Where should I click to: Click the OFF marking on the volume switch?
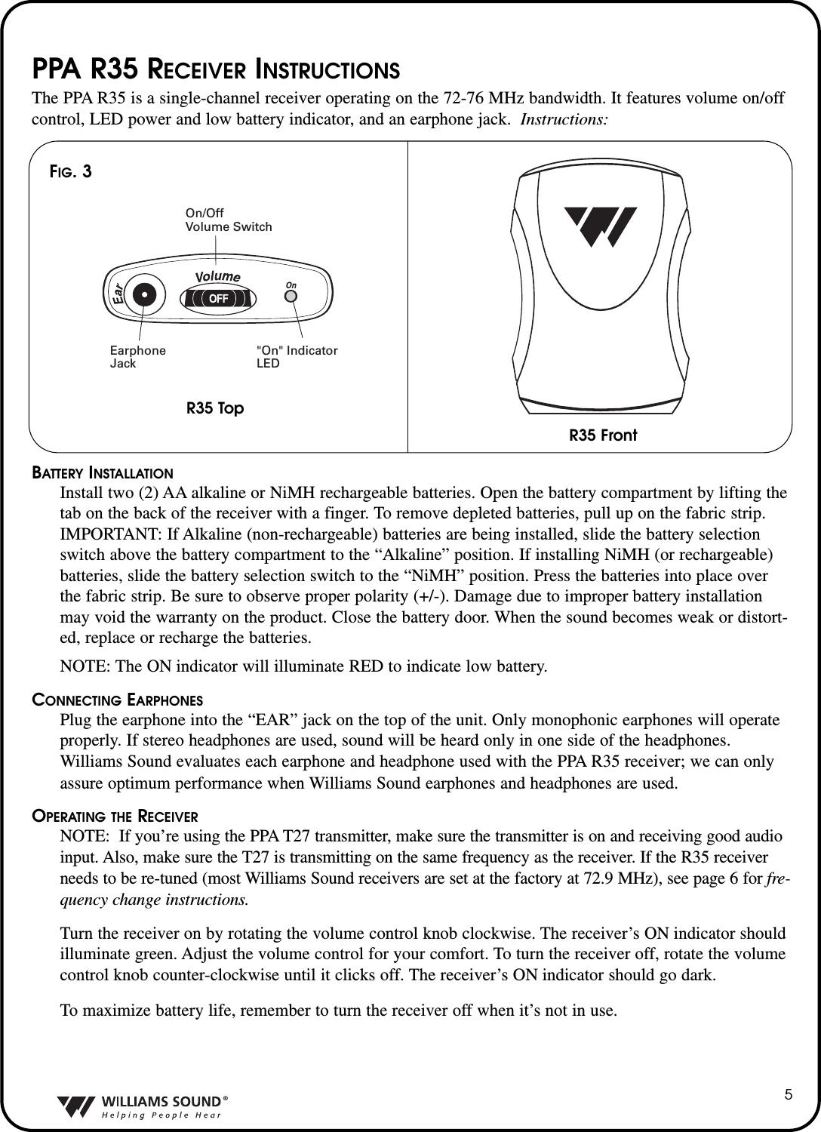(x=218, y=297)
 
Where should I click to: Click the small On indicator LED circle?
(x=291, y=296)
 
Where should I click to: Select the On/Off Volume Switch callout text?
(x=228, y=220)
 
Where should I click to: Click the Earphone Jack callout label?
(x=138, y=357)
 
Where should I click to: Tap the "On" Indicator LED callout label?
(x=297, y=357)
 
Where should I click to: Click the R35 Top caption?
(x=215, y=408)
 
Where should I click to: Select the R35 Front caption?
(x=602, y=435)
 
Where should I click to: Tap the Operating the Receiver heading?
(x=114, y=817)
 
